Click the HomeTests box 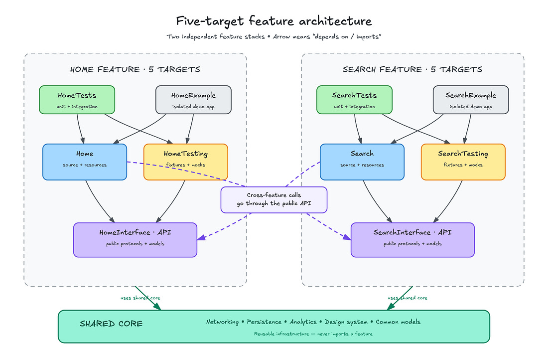77,100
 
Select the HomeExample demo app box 193,100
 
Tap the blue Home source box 85,162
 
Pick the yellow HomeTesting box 186,162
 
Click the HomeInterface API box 135,240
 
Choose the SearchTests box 354,100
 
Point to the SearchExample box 471,100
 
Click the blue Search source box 362,162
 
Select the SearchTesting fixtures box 463,162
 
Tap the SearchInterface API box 413,240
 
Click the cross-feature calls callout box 274,200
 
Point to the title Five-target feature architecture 274,21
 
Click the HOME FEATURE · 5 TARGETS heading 135,69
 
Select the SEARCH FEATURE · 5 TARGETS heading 412,69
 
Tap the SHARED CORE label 111,324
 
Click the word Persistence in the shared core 264,322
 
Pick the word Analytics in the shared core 303,322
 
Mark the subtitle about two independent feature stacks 274,37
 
